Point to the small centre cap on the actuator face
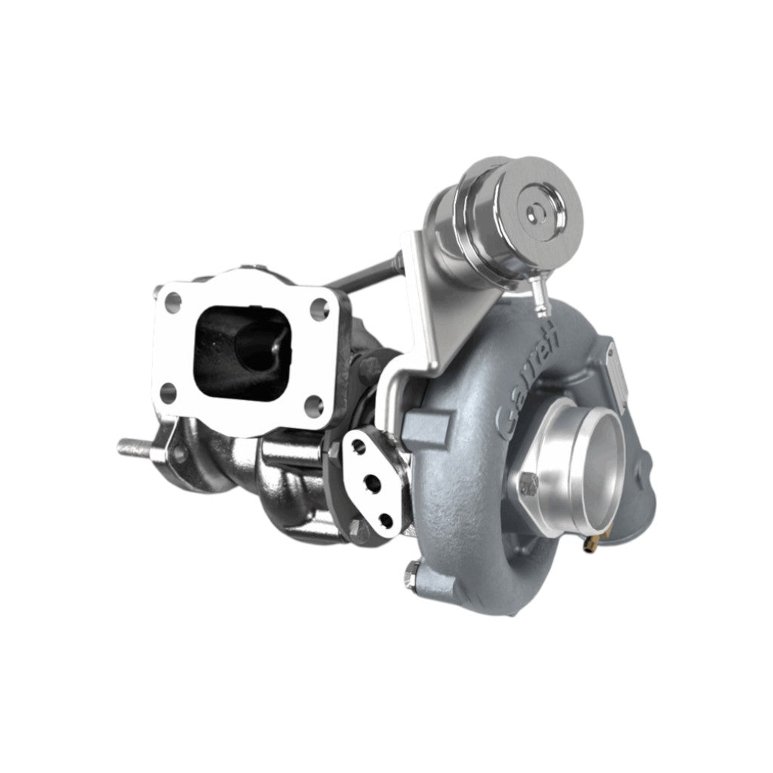[536, 213]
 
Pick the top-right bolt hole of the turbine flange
[320, 309]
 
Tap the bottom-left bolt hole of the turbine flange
[169, 392]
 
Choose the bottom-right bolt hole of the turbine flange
[315, 405]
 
